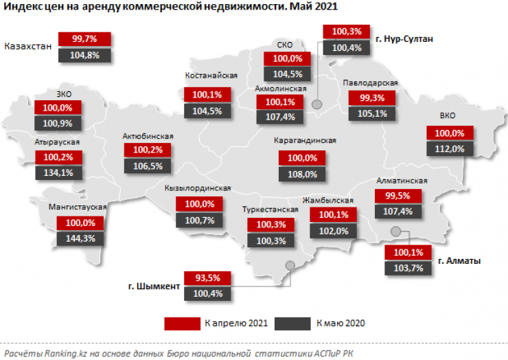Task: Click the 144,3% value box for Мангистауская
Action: click(x=81, y=238)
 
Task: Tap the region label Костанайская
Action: click(x=211, y=76)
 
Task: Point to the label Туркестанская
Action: click(x=268, y=210)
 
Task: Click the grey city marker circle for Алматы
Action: click(x=395, y=232)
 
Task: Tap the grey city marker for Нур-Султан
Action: click(x=317, y=104)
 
